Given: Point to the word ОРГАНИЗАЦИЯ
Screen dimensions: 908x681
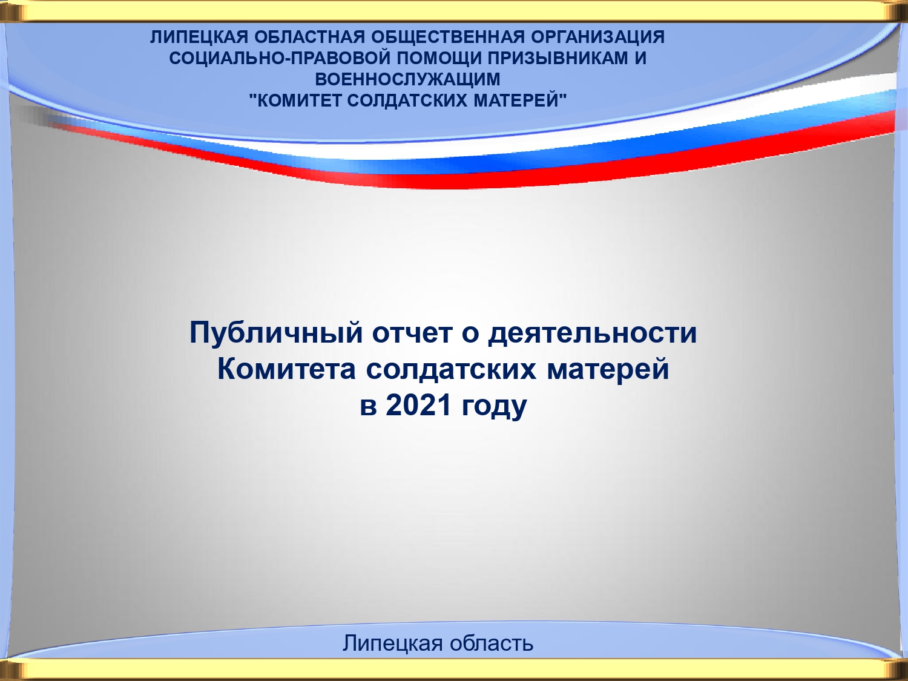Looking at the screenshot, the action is [597, 37].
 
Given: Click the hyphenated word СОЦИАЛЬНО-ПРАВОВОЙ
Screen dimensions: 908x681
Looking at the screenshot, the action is [280, 58].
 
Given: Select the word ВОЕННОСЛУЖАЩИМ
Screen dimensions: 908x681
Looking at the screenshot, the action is [407, 79].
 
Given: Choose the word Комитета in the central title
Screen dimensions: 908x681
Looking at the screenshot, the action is [286, 369].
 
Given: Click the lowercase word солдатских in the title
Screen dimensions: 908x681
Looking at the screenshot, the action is [451, 369].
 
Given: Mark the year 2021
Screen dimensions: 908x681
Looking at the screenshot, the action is [418, 405].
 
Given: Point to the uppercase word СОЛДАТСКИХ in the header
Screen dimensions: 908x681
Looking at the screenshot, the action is [407, 100].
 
